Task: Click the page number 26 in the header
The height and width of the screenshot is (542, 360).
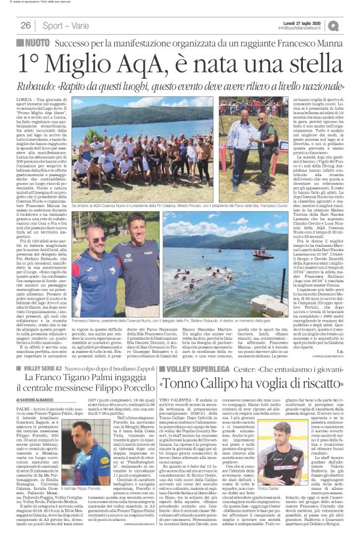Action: click(x=25, y=25)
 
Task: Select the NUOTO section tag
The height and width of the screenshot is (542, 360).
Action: click(x=35, y=44)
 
